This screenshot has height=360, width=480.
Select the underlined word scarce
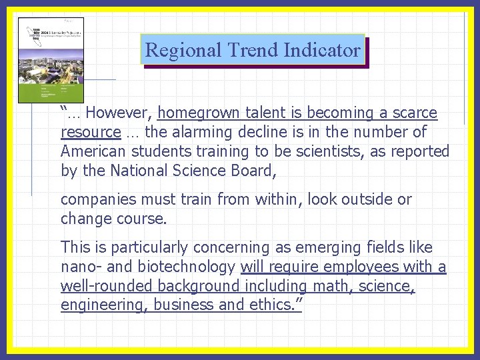pos(413,113)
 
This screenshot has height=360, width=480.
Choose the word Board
pos(251,171)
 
